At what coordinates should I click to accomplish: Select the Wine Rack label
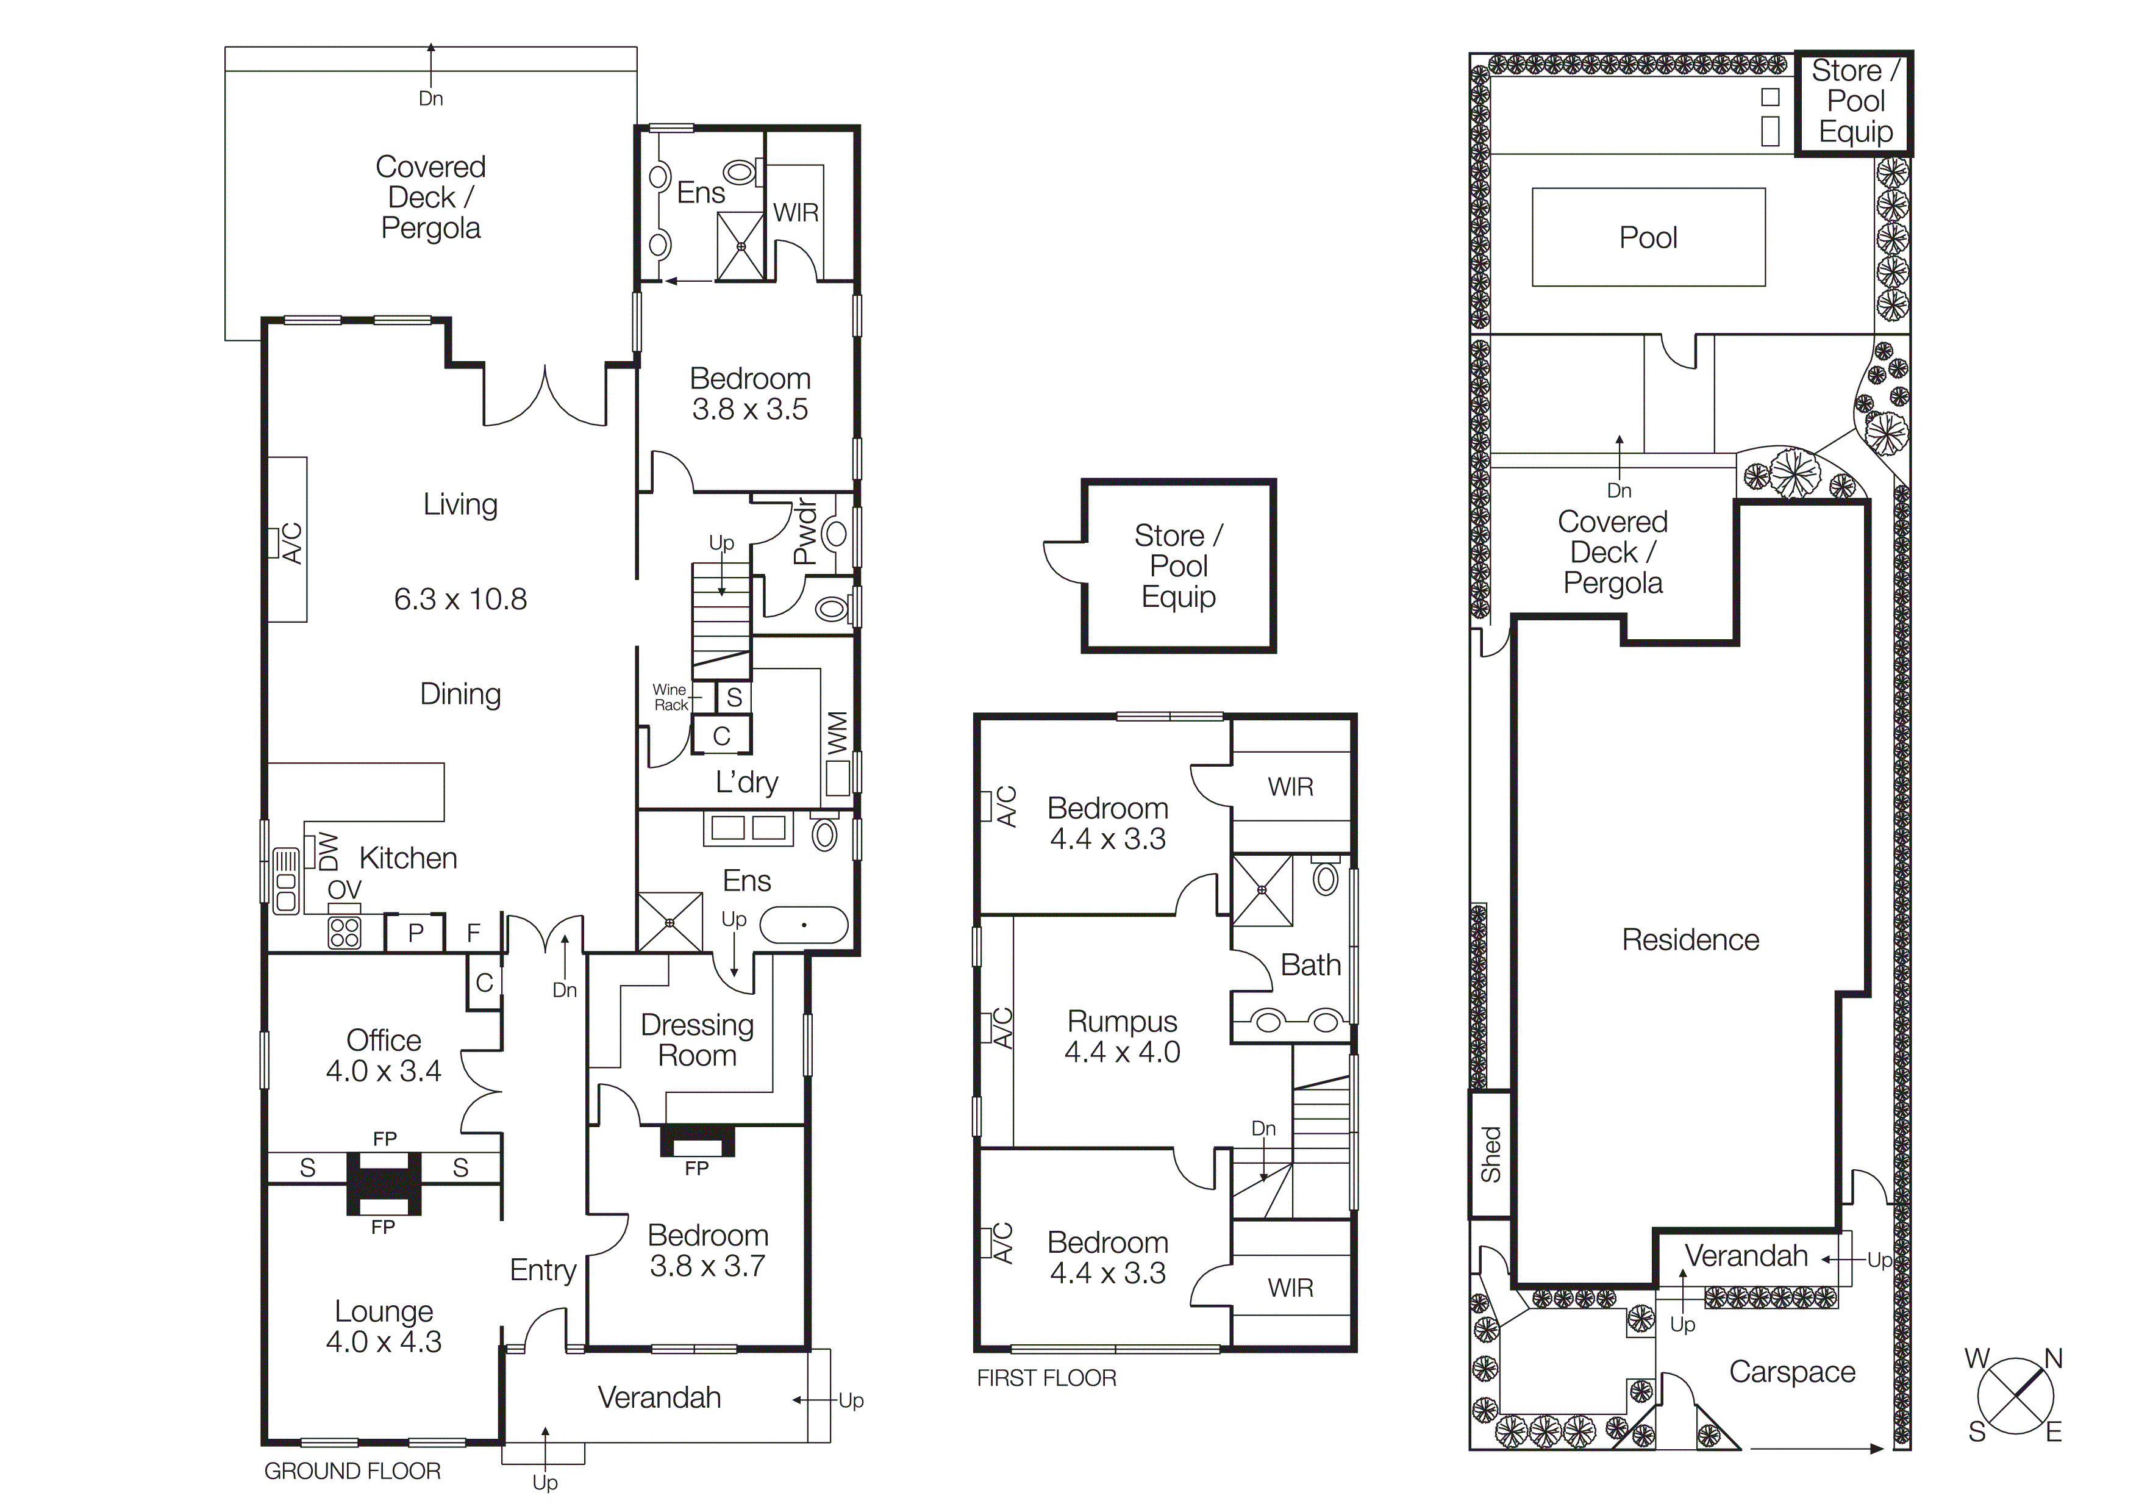(670, 697)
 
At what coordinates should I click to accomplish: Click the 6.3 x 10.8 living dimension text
(460, 599)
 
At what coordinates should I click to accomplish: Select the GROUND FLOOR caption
(352, 1472)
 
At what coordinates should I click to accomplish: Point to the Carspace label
(1791, 1372)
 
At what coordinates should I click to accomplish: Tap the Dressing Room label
(697, 1040)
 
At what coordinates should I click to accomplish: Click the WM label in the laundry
(837, 733)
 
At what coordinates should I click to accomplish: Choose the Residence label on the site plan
(1690, 940)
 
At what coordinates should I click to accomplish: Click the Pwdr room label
(804, 532)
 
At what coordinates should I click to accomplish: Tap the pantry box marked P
(415, 933)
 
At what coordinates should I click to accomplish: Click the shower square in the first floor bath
(1262, 890)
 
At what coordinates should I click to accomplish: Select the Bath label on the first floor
(1310, 965)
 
